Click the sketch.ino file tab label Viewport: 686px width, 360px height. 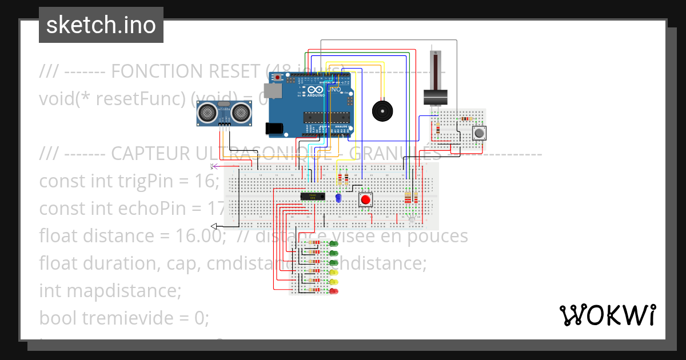pyautogui.click(x=101, y=25)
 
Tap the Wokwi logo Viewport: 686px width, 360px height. pyautogui.click(x=607, y=315)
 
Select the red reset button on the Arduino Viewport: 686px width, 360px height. pyautogui.click(x=278, y=77)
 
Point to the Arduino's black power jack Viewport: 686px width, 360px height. pyautogui.click(x=277, y=129)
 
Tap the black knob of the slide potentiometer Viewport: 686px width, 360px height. pyautogui.click(x=437, y=98)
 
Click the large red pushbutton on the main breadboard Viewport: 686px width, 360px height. pyautogui.click(x=366, y=200)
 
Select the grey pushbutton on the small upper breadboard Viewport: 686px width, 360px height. pyautogui.click(x=479, y=133)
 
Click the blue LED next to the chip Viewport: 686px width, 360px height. pyautogui.click(x=338, y=198)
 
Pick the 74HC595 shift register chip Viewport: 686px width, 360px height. pyautogui.click(x=313, y=196)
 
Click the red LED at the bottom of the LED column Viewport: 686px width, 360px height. pyautogui.click(x=334, y=291)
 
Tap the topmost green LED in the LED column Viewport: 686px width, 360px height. pyautogui.click(x=334, y=243)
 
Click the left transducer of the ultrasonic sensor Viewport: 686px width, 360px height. pyautogui.click(x=206, y=114)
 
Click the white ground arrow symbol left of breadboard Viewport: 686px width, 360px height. pyautogui.click(x=214, y=226)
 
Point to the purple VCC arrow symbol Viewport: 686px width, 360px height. pyautogui.click(x=214, y=166)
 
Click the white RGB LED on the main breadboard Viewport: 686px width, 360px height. pyautogui.click(x=412, y=219)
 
